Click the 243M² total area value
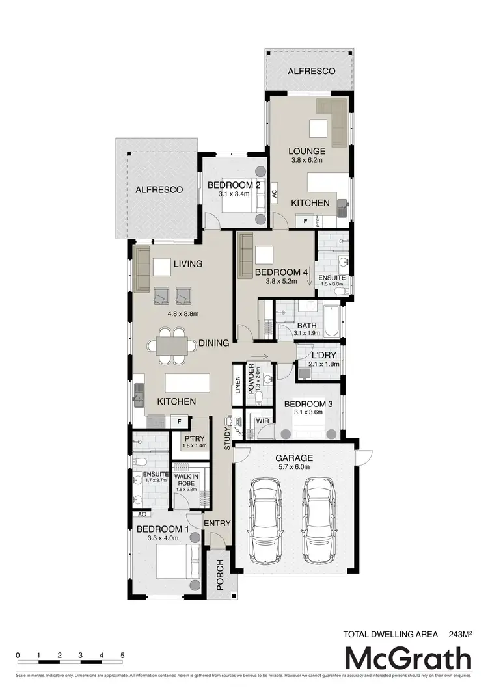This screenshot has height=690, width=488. click(x=459, y=633)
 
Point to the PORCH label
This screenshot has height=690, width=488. click(x=220, y=574)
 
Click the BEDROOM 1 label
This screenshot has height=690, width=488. click(x=162, y=529)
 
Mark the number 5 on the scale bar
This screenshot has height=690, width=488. click(x=122, y=655)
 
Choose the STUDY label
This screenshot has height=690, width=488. click(x=227, y=439)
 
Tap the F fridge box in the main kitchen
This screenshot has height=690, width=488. click(x=179, y=421)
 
